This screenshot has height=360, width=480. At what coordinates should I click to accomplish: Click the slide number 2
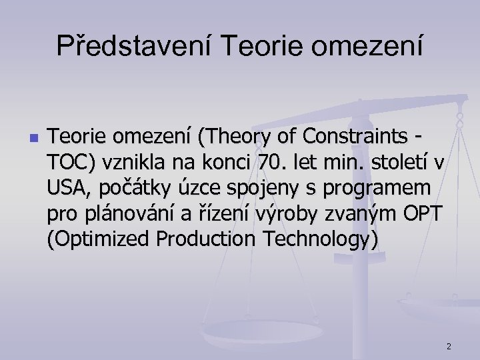449,346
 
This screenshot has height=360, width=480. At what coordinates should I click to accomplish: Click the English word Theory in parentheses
231,137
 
